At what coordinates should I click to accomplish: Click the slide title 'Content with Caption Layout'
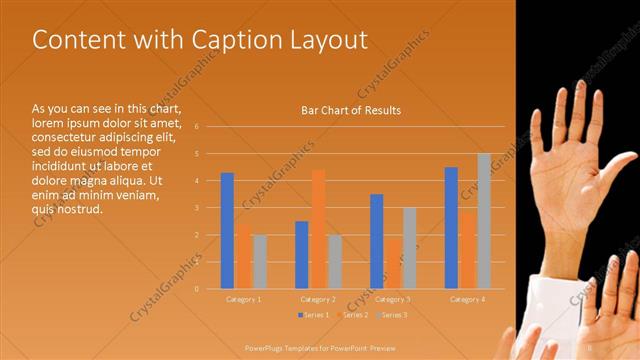(x=200, y=40)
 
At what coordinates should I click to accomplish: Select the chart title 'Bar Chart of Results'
(x=351, y=110)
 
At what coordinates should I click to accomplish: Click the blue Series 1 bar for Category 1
(x=227, y=230)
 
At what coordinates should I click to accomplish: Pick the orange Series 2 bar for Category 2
(x=318, y=229)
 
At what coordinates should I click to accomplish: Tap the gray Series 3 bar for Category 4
(x=484, y=221)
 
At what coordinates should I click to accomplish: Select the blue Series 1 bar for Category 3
(x=376, y=241)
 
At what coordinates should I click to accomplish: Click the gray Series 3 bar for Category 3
(x=409, y=248)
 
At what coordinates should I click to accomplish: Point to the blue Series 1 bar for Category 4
(x=451, y=227)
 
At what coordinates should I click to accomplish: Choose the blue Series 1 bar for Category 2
(x=302, y=254)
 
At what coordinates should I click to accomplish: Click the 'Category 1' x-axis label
(x=244, y=299)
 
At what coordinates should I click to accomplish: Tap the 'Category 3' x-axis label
(x=393, y=299)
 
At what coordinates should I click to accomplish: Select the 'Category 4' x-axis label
(x=468, y=299)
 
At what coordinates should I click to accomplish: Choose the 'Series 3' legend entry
(x=393, y=315)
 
